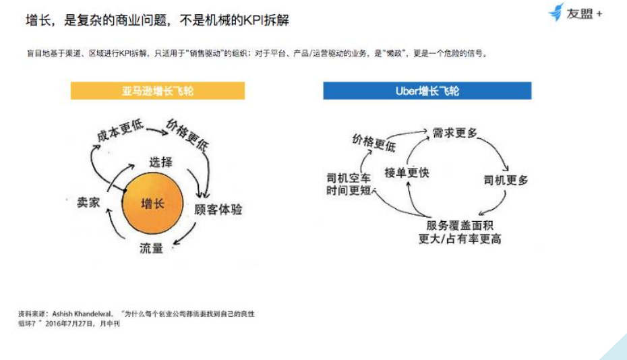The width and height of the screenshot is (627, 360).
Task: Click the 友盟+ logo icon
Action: [x=556, y=12]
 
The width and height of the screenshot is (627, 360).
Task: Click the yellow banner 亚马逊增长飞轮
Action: [x=157, y=91]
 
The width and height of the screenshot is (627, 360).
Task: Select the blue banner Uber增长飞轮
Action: [x=427, y=91]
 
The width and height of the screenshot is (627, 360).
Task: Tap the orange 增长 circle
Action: [x=152, y=204]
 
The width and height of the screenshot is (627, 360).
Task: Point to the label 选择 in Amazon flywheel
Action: [x=161, y=162]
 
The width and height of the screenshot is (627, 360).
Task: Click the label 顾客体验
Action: [x=218, y=210]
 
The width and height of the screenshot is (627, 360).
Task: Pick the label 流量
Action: [x=152, y=247]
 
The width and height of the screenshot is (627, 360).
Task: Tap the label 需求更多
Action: [x=454, y=133]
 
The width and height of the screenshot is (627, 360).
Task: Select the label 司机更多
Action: [x=506, y=180]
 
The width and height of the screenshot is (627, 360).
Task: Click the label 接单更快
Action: [x=407, y=173]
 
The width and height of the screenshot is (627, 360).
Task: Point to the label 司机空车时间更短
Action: [x=348, y=185]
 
